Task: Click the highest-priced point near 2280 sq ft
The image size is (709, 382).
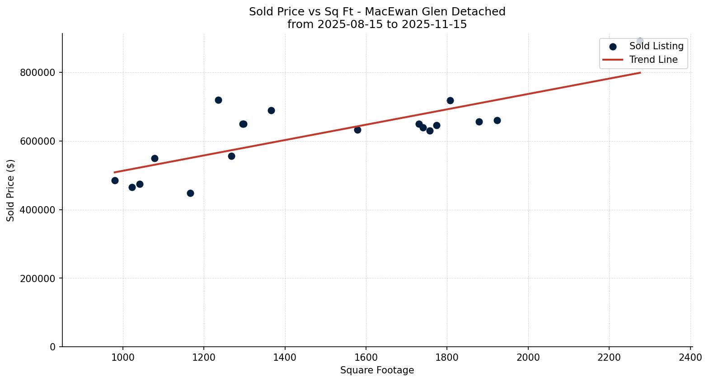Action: coord(640,41)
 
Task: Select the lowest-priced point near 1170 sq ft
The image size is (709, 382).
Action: coord(190,193)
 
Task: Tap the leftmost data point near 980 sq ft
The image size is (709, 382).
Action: coord(115,180)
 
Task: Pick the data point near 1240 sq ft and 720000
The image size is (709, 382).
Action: coord(218,100)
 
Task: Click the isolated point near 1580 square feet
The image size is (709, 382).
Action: coord(357,130)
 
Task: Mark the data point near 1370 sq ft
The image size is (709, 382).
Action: coord(271,110)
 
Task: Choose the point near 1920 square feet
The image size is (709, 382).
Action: coord(497,120)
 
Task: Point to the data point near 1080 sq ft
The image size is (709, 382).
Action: coord(155,158)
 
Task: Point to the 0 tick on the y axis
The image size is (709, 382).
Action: coord(53,347)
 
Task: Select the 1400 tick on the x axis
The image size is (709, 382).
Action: coord(285,358)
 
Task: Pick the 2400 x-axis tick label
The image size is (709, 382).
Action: coord(690,358)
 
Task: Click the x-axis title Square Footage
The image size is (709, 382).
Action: coord(377,371)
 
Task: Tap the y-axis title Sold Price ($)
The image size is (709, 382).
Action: coord(10,190)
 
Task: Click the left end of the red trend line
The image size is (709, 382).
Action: coord(115,172)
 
